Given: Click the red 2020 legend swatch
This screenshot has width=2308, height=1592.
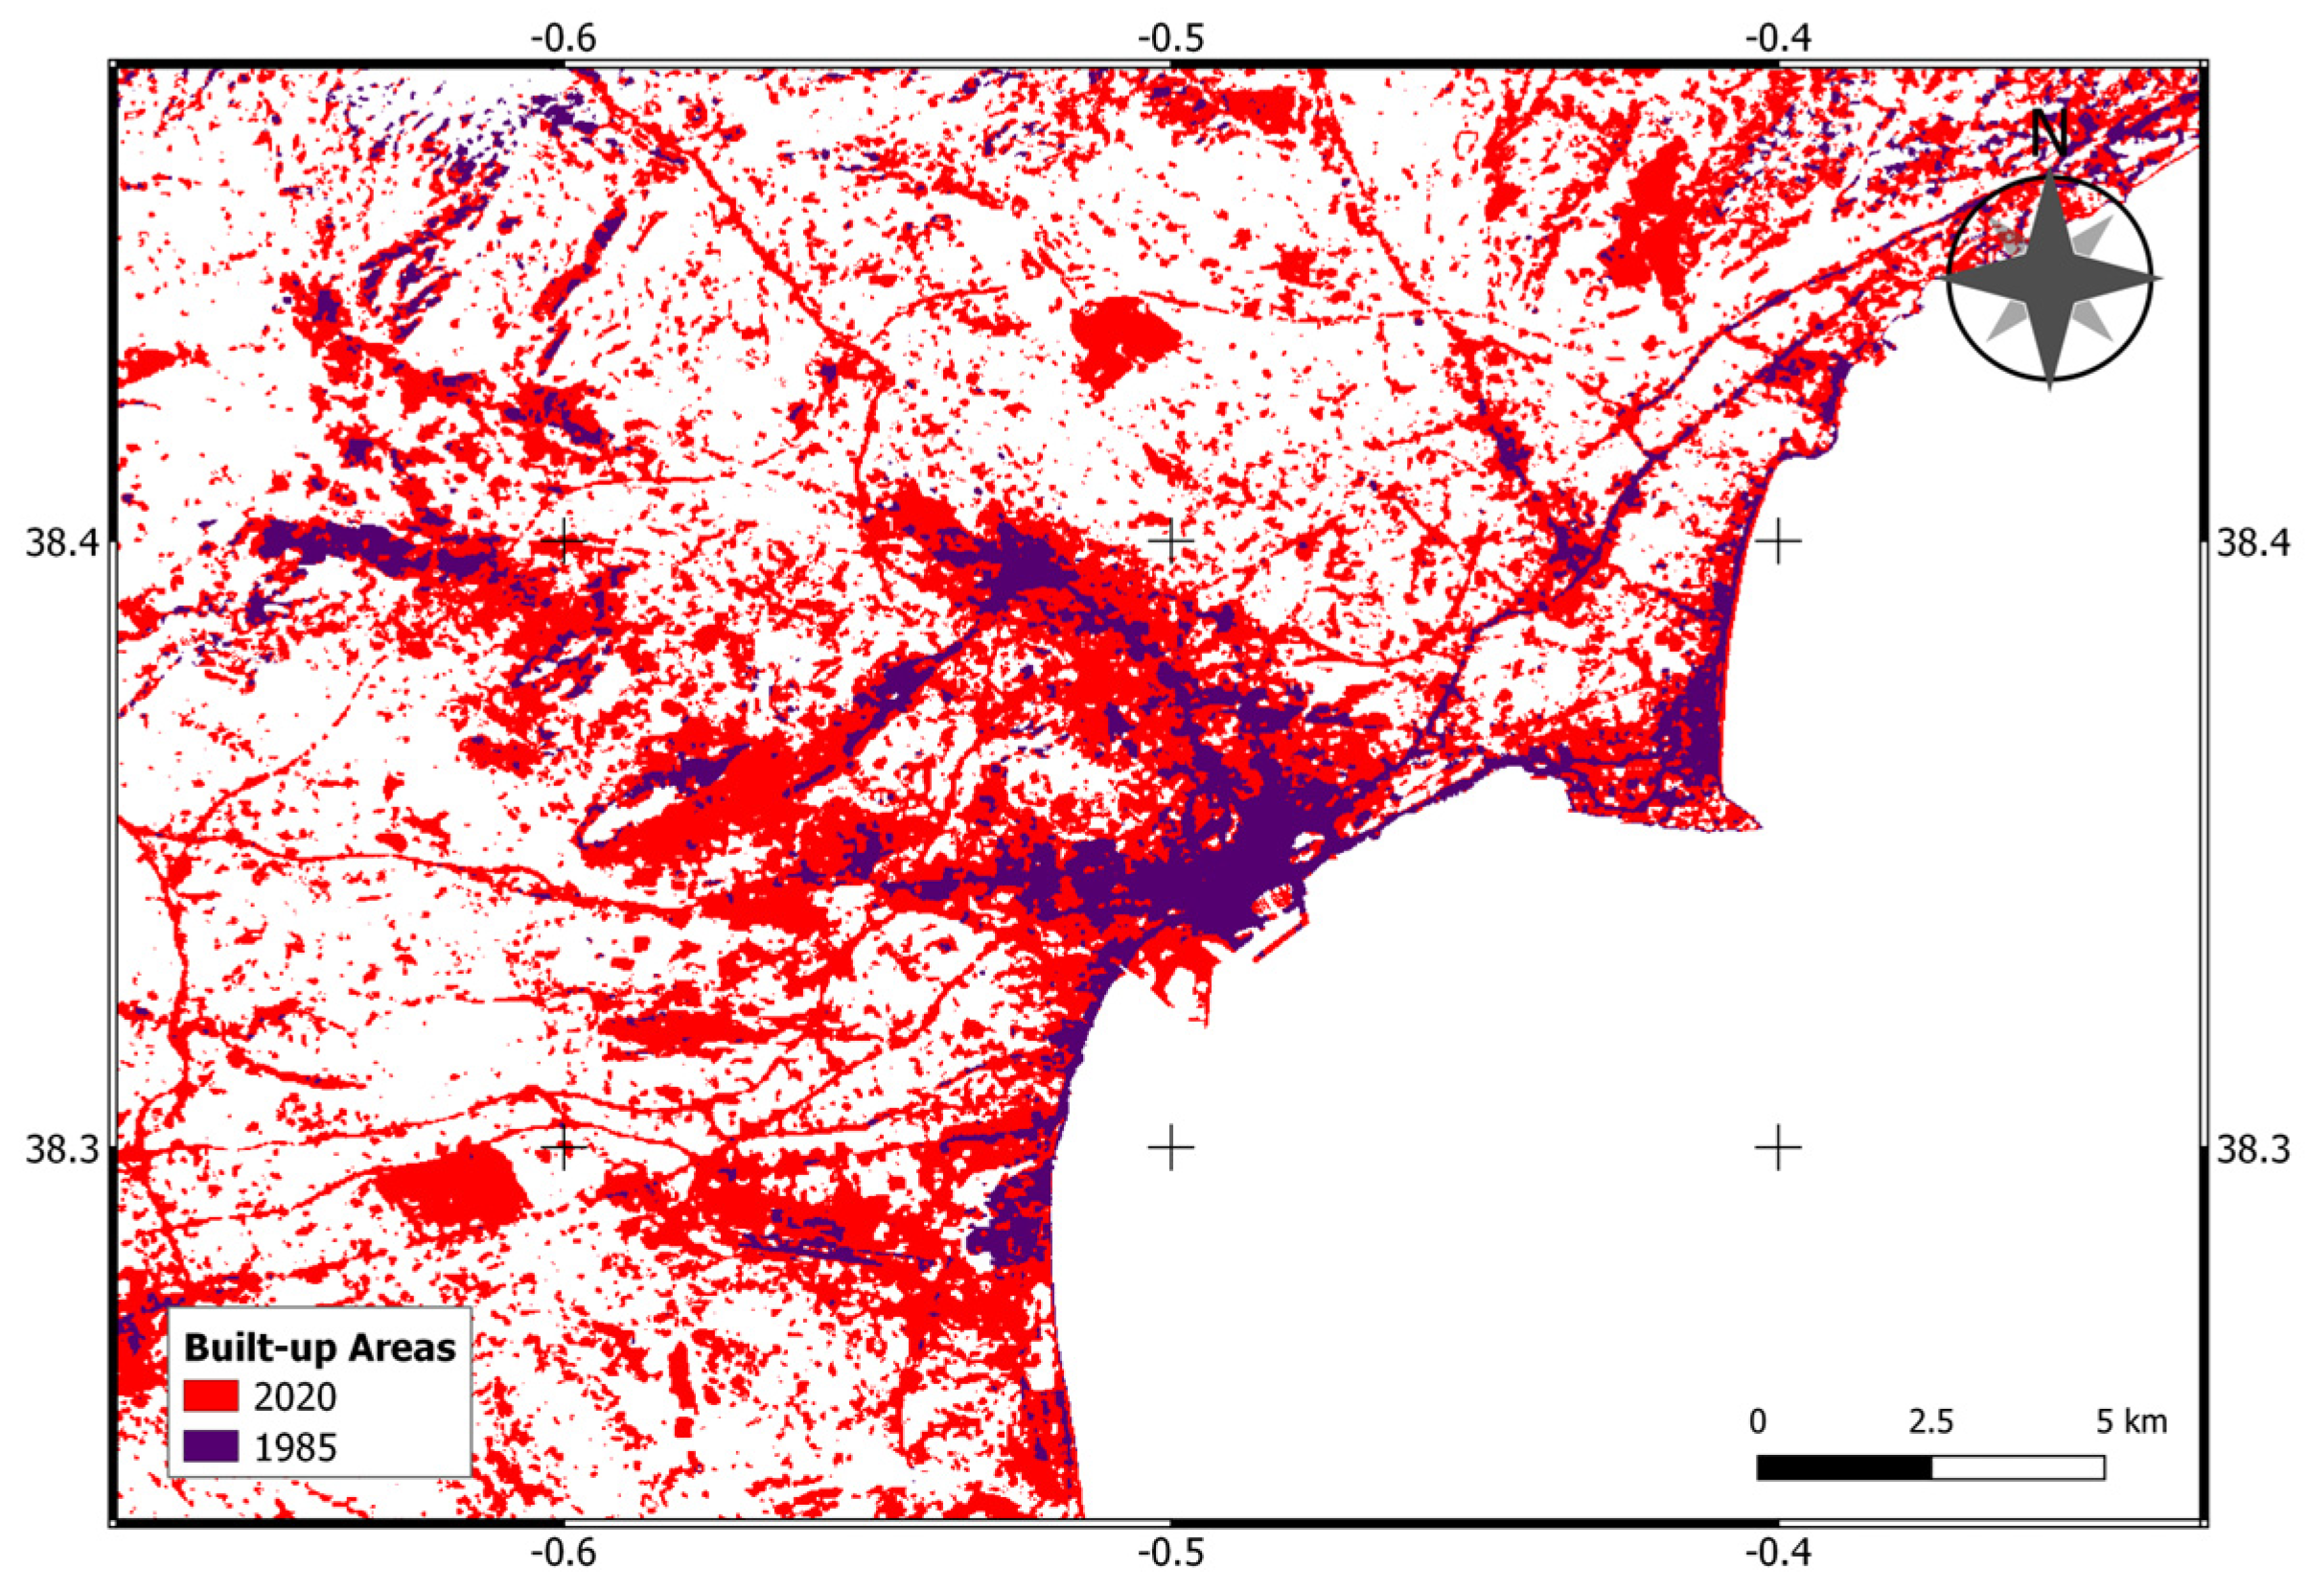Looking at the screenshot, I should click(x=211, y=1396).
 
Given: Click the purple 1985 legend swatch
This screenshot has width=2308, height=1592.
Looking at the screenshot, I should click(x=211, y=1445).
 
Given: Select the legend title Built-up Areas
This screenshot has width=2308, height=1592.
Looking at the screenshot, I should click(x=319, y=1347).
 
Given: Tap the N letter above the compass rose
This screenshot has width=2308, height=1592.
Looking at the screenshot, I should click(x=2048, y=133).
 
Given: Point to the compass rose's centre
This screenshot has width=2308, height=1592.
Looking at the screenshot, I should click(x=2048, y=278).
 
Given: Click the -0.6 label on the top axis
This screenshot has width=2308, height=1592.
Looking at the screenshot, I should click(x=564, y=38).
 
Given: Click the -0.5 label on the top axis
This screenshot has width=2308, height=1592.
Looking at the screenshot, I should click(x=1171, y=38).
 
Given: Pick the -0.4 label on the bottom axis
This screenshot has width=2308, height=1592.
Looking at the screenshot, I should click(x=1778, y=1553).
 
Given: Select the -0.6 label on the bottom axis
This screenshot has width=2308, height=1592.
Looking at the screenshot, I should click(x=564, y=1553).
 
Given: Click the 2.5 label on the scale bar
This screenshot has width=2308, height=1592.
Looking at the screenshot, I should click(x=1931, y=1420).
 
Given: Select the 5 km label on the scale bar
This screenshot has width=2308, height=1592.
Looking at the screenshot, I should click(x=2132, y=1420).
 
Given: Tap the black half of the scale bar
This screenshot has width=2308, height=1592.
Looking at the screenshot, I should click(x=1844, y=1467).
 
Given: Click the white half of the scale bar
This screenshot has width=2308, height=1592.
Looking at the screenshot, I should click(x=2018, y=1467).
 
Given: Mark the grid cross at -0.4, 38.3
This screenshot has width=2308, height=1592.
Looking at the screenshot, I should click(x=1778, y=1148).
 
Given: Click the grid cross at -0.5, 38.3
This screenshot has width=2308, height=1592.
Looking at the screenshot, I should click(x=1171, y=1148).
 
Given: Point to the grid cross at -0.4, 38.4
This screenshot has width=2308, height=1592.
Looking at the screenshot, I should click(x=1778, y=542).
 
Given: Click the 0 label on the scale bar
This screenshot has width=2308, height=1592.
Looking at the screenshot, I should click(x=1758, y=1420).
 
